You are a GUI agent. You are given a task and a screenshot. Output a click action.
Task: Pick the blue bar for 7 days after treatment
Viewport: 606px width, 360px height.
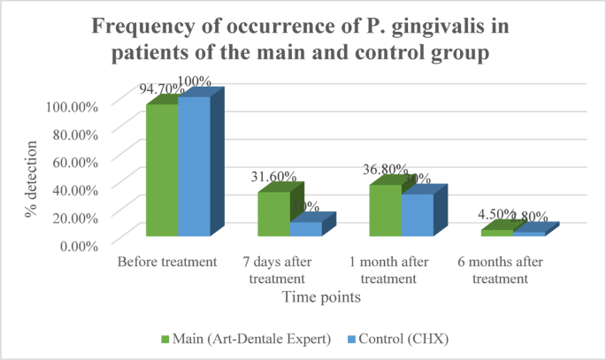[x=305, y=228]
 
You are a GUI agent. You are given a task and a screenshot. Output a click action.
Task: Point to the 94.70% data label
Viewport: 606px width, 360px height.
[x=159, y=88]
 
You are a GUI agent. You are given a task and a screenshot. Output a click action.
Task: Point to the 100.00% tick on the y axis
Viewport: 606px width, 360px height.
[x=70, y=106]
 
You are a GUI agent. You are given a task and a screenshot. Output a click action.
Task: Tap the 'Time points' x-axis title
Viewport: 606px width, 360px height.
[x=320, y=298]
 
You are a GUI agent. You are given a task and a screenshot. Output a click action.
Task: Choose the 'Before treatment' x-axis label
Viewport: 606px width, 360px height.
[x=167, y=262]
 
